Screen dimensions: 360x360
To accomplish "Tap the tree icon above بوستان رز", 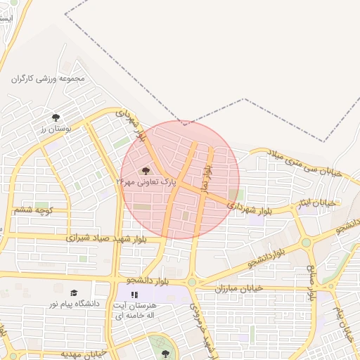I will pos(56,117).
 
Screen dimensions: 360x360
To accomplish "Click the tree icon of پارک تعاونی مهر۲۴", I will pos(146,171).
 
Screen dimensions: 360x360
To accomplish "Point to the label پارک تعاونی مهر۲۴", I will pos(145,181).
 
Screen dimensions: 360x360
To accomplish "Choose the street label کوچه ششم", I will pos(33,210).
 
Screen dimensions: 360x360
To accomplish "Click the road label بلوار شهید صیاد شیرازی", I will pos(106,238).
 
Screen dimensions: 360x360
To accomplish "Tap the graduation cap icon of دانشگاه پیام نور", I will pos(74,292).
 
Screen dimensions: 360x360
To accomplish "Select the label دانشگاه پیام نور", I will pos(73,304).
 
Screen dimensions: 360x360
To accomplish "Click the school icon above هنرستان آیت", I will pos(134,295).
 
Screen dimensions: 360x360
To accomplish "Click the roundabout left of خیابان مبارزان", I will pos(192,282).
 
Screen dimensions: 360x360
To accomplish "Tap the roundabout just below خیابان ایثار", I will pos(307,243).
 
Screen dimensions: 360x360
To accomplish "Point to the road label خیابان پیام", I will pos(342,320).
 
